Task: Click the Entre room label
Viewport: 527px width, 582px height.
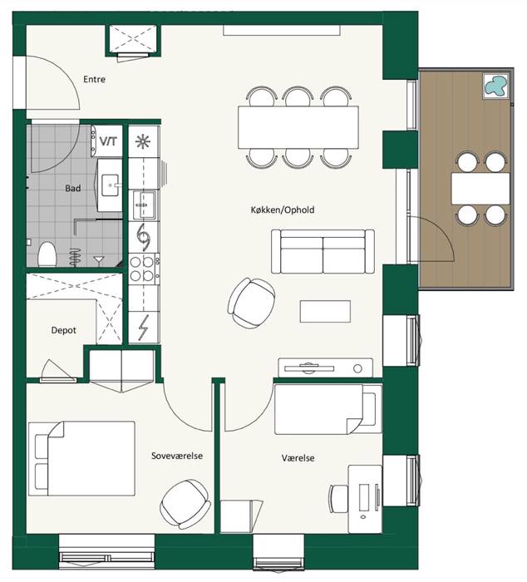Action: click(94, 79)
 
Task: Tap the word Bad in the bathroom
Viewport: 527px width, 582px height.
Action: click(73, 188)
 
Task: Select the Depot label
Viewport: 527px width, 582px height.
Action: click(64, 330)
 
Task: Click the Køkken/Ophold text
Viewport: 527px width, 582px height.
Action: click(283, 210)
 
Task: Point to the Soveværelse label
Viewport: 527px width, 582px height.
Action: click(177, 456)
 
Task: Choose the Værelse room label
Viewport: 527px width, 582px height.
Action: click(298, 457)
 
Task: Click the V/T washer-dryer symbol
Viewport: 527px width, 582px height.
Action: click(107, 141)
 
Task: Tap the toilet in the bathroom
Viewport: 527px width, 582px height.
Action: click(47, 254)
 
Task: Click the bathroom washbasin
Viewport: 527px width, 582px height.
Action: click(111, 185)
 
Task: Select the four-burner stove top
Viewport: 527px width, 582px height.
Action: click(144, 269)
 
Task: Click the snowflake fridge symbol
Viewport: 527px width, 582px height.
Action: click(143, 142)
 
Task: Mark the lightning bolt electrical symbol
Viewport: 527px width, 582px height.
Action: click(143, 327)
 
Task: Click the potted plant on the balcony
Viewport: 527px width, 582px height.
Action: click(496, 86)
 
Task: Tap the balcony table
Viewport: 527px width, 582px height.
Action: click(480, 189)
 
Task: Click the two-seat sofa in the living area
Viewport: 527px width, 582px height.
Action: click(323, 251)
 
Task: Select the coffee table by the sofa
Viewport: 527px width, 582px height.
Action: click(325, 312)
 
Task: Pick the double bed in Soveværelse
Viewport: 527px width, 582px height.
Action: click(81, 458)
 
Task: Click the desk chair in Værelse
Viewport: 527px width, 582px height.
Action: click(338, 499)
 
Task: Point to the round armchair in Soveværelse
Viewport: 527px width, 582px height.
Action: click(185, 503)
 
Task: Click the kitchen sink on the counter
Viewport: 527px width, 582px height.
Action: click(145, 205)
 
